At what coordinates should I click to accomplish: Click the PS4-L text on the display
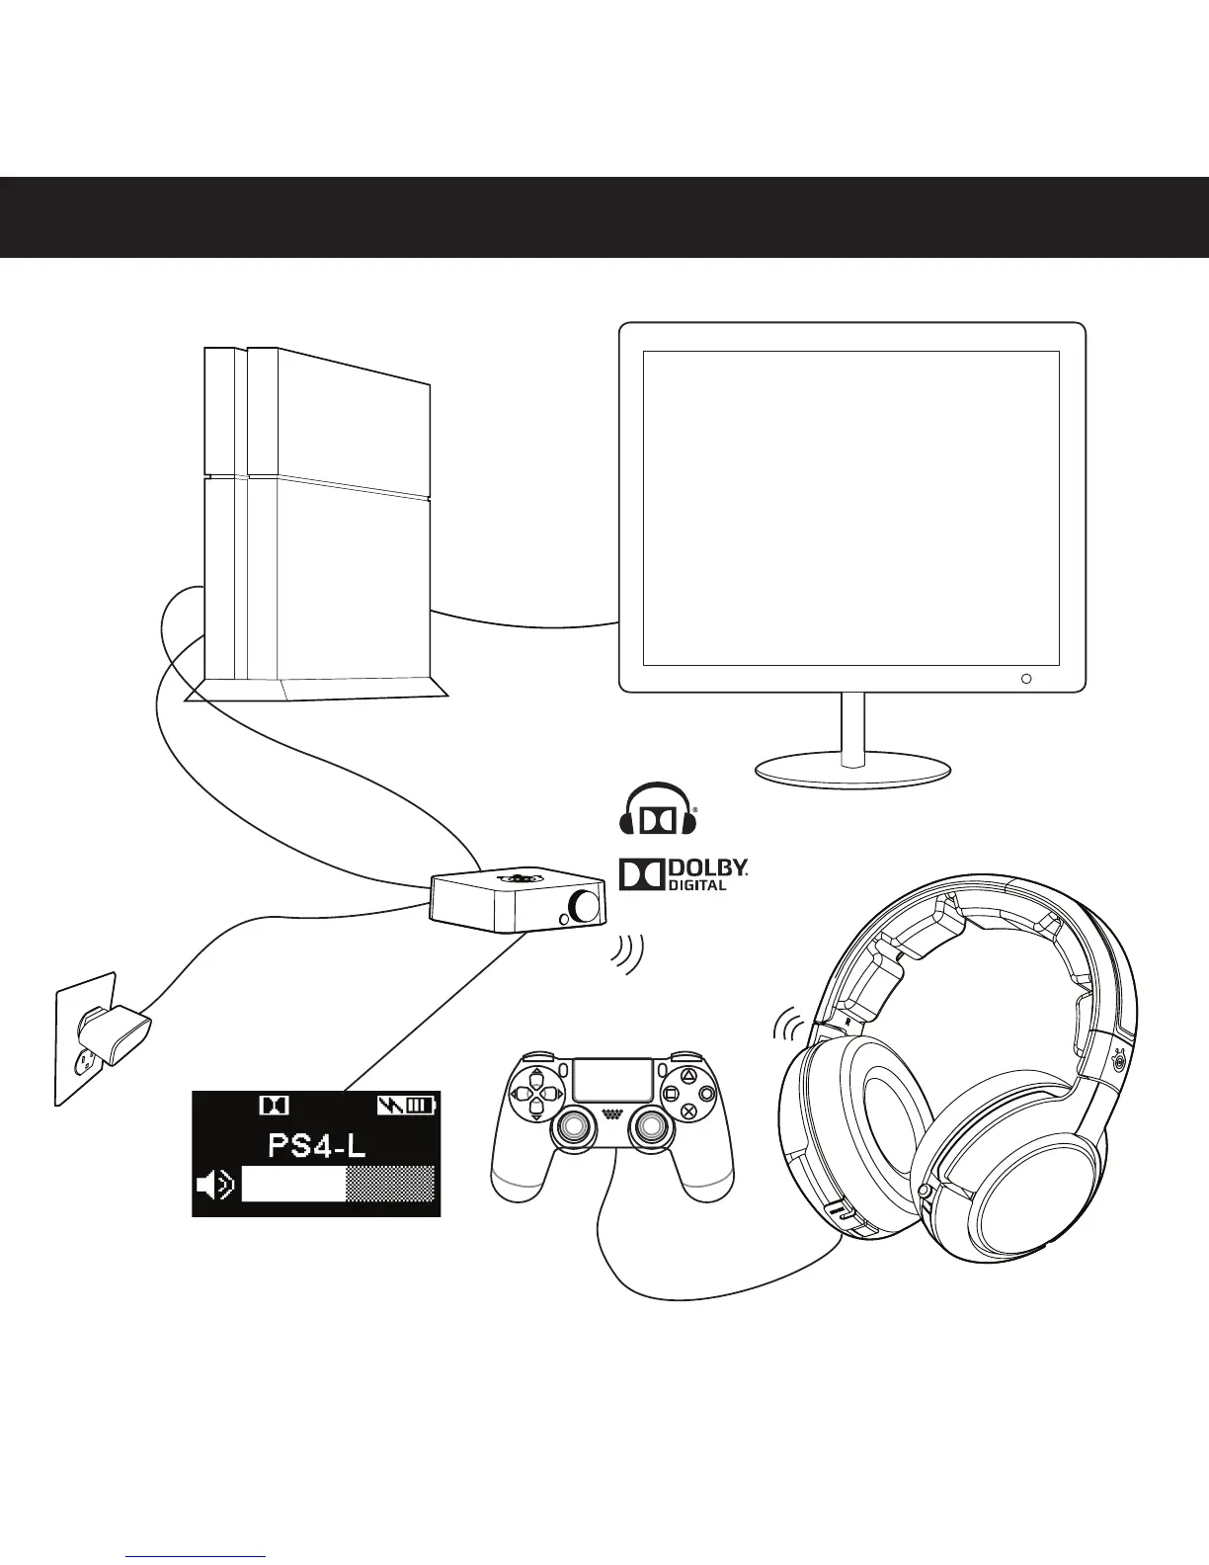click(316, 1146)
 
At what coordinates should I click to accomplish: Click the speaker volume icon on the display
click(214, 1184)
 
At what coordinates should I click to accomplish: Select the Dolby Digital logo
click(683, 873)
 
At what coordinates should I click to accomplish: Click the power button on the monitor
click(1025, 679)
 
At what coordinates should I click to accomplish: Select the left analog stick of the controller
click(573, 1126)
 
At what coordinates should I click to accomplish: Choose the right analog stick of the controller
click(651, 1126)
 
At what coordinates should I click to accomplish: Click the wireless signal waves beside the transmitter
click(626, 954)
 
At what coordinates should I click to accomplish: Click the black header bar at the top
click(604, 217)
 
